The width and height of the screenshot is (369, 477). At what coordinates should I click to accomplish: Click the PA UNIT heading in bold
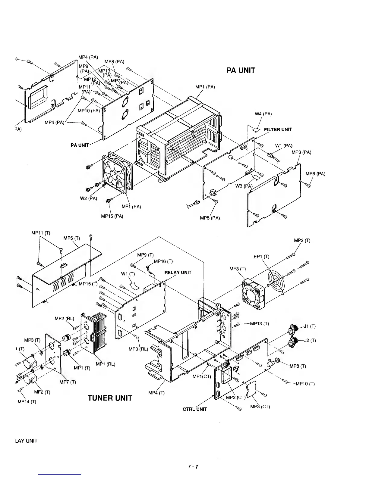pos(241,70)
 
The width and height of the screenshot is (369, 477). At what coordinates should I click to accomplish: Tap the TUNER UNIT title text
pos(110,398)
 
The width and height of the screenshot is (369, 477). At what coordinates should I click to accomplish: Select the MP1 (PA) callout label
pos(205,87)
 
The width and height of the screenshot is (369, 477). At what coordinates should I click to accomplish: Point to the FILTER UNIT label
pos(278,130)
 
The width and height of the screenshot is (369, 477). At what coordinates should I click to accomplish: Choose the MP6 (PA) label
pos(315,174)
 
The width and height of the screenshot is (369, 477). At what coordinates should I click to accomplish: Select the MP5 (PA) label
pos(210,218)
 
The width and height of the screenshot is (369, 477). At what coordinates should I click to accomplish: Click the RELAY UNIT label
pos(178,273)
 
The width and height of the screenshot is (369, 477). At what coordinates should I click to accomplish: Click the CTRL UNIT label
pos(195,410)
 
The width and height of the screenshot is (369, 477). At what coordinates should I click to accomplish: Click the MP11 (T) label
pos(41,233)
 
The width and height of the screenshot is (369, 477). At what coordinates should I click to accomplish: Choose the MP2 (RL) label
pos(62,318)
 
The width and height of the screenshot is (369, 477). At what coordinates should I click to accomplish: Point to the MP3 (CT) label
pos(260,407)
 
